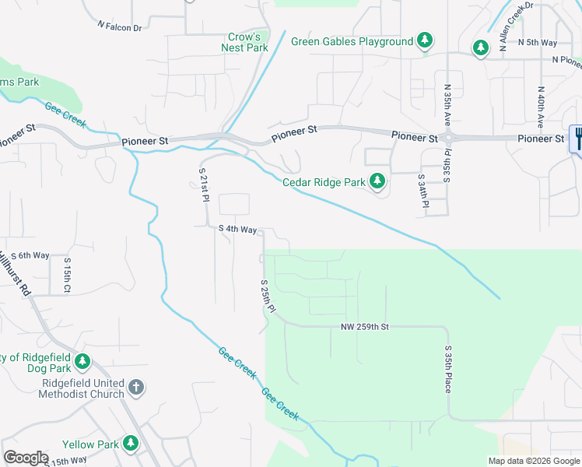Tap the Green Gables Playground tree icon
coord(424,40)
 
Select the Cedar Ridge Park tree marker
coord(377,182)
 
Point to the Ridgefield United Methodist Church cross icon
coord(135,386)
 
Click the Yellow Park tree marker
coord(131,444)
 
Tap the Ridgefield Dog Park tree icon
coord(82,362)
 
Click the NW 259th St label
coord(364,328)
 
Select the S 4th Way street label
coord(237,230)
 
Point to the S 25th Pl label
coord(268,297)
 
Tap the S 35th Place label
coord(448,370)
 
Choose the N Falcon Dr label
coord(120,26)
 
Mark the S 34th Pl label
coord(425,191)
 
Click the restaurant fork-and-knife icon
coord(577,139)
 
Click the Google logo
coord(26,458)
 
